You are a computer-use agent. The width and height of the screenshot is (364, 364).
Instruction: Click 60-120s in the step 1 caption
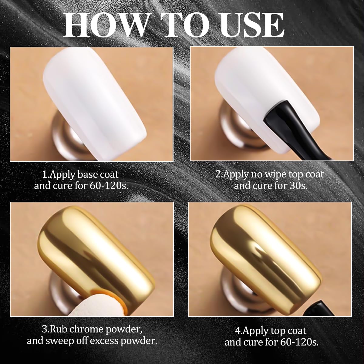point(108,186)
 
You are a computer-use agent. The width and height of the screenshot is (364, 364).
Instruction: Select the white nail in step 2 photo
point(258,88)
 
